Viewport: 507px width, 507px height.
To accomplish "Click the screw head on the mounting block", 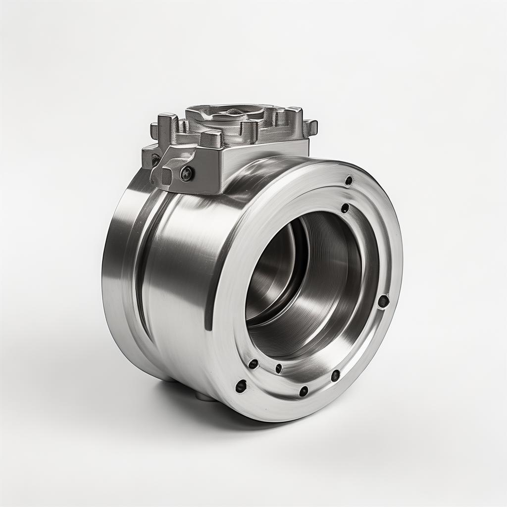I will coord(186,173).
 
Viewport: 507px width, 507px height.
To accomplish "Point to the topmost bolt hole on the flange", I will coord(349,181).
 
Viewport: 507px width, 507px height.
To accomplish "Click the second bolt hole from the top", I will coord(345,208).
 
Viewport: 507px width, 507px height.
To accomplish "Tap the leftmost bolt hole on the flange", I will coord(241,386).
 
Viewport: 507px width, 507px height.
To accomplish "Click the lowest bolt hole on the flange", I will coord(304,391).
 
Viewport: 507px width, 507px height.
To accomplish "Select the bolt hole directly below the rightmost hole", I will coord(335,375).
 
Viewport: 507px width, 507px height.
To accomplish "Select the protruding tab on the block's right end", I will coord(310,127).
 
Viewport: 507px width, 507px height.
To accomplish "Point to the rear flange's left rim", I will coord(111,272).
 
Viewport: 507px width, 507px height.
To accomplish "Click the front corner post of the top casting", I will coord(213,139).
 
